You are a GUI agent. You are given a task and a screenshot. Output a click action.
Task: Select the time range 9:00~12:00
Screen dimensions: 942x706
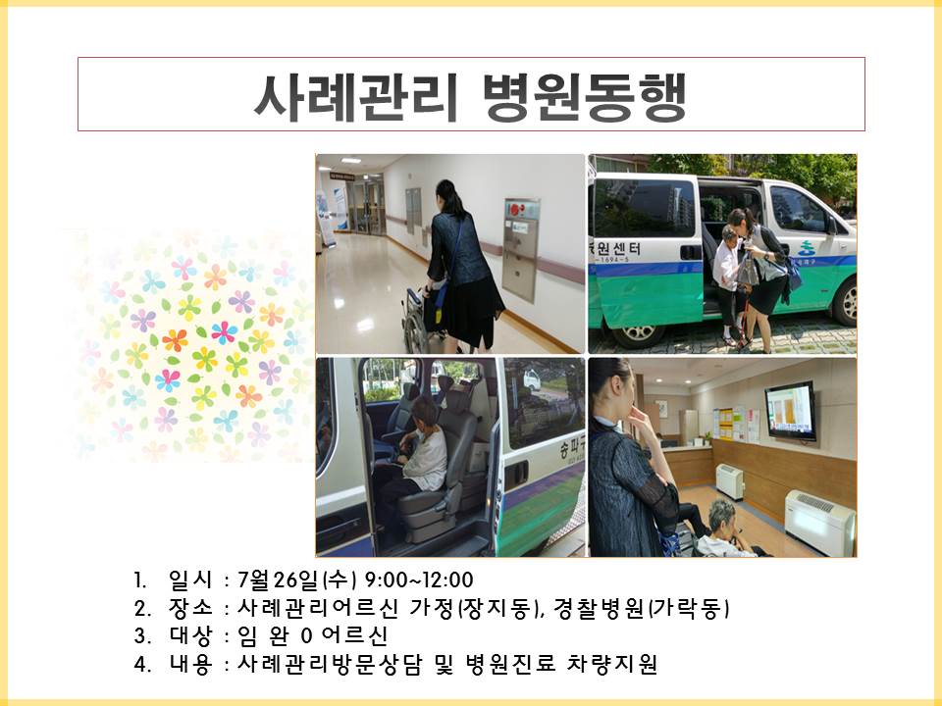(x=419, y=580)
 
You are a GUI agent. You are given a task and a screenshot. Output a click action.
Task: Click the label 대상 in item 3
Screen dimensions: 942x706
(x=190, y=635)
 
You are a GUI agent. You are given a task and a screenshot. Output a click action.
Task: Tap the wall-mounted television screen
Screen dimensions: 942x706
(x=791, y=412)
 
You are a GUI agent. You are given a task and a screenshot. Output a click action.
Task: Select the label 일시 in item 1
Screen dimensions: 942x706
(x=190, y=580)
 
